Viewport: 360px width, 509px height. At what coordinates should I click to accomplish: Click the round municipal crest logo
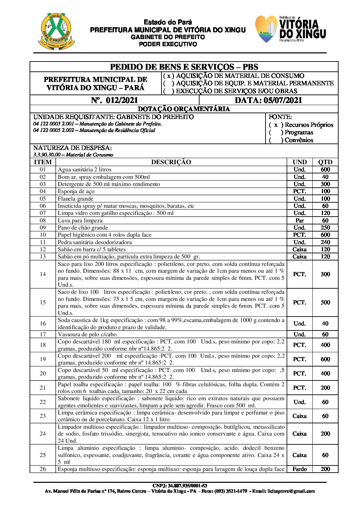pyautogui.click(x=56, y=31)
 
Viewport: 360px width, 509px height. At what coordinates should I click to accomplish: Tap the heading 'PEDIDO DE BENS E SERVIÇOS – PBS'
pyautogui.click(x=184, y=67)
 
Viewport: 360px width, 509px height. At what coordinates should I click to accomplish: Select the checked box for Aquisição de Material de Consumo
pyautogui.click(x=169, y=76)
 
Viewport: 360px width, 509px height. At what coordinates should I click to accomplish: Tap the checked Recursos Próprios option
pyautogui.click(x=276, y=125)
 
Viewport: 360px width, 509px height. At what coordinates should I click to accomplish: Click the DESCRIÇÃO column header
pyautogui.click(x=171, y=162)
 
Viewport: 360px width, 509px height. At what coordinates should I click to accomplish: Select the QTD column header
pyautogui.click(x=325, y=162)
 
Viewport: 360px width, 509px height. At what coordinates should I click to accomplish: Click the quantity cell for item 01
pyautogui.click(x=325, y=169)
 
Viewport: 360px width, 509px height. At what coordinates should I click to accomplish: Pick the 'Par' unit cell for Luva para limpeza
pyautogui.click(x=299, y=220)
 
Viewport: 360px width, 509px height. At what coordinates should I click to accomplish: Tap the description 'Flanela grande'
pyautogui.click(x=75, y=199)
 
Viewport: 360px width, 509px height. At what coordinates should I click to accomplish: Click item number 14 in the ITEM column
pyautogui.click(x=43, y=274)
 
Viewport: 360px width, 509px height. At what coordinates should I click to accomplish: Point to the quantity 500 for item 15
pyautogui.click(x=325, y=302)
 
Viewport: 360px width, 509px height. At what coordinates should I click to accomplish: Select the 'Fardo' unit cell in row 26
pyautogui.click(x=299, y=469)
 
